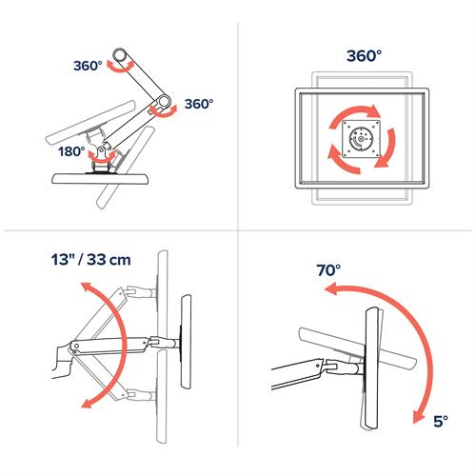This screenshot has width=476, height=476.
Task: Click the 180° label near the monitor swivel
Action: [70, 149]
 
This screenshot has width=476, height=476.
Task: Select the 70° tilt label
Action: [328, 270]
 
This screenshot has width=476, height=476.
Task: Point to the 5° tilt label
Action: [439, 417]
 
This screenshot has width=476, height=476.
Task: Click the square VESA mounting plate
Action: [360, 136]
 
